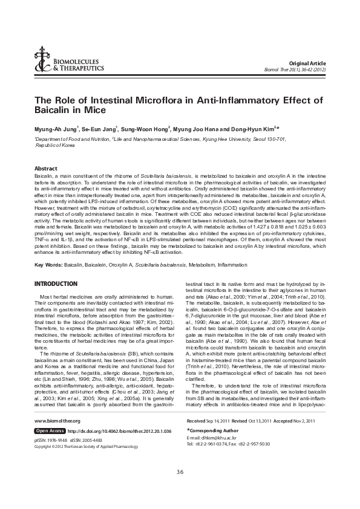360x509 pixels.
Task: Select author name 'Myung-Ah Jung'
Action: coord(55,129)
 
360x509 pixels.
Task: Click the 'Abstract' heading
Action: coord(46,168)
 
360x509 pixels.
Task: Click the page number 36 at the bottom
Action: coord(180,488)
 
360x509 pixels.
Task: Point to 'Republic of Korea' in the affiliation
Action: coord(39,146)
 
